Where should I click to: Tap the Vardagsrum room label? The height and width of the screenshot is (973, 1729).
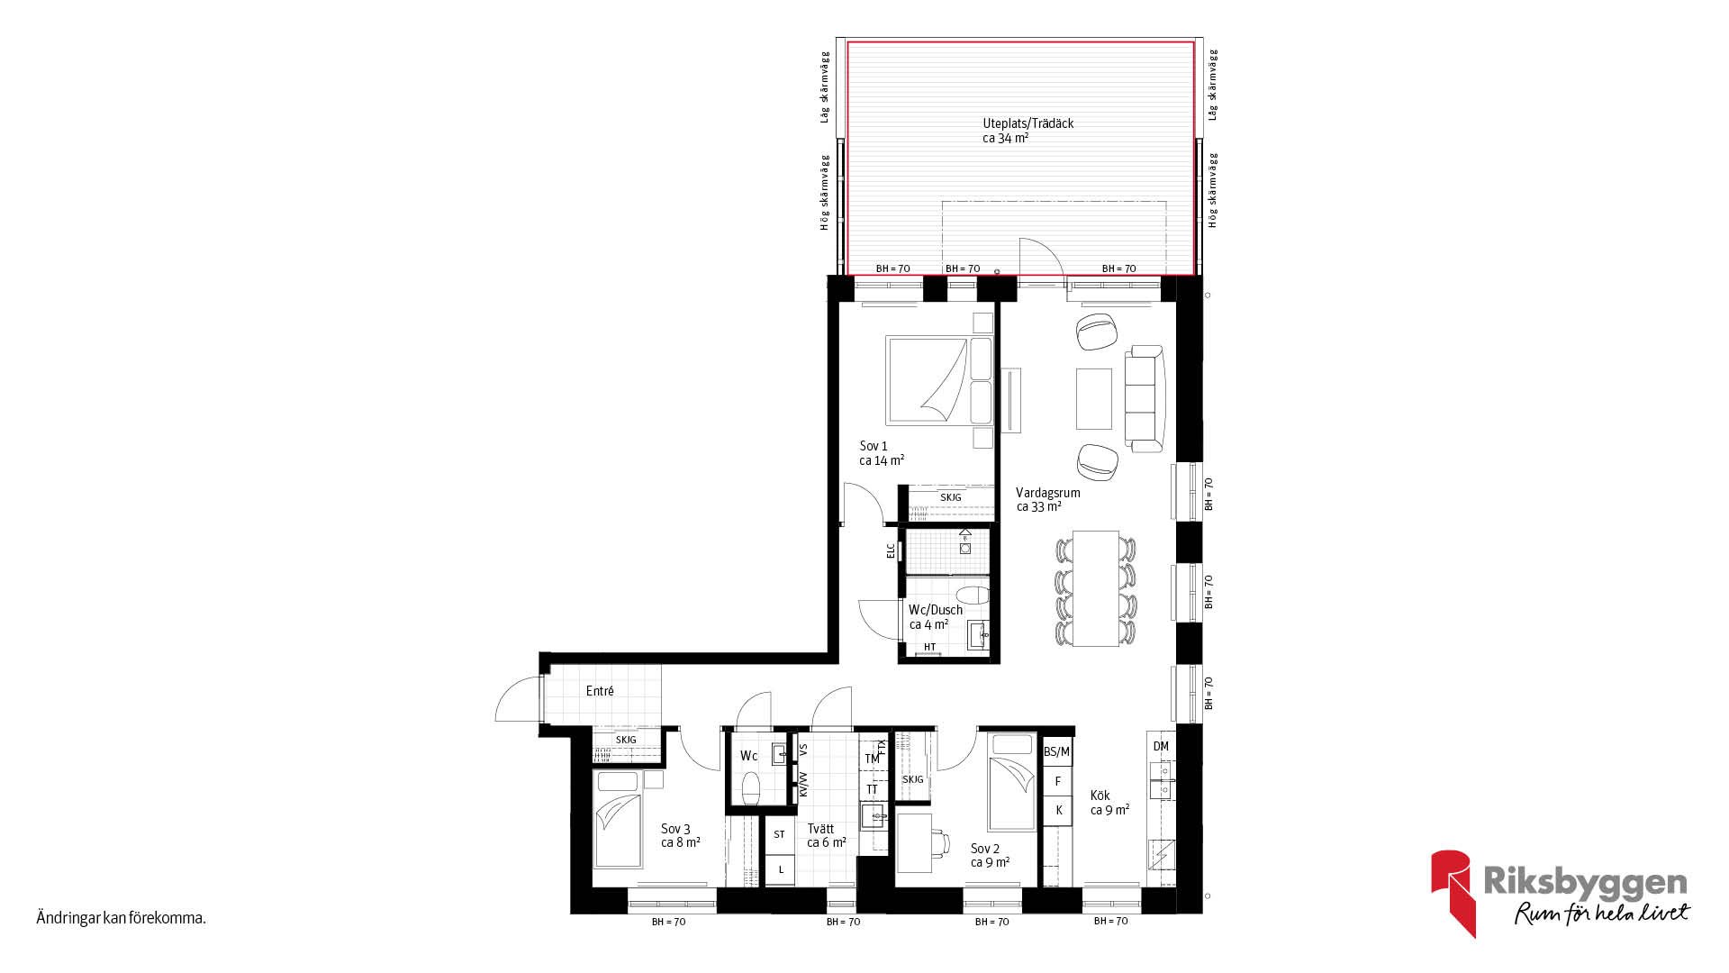pos(1047,493)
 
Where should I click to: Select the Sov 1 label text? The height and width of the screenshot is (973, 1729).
pos(874,446)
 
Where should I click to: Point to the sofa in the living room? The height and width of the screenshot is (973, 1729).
pos(1145,398)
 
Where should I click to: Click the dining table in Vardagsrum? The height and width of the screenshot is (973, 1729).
pos(1096,587)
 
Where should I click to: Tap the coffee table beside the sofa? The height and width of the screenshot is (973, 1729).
pos(1094,398)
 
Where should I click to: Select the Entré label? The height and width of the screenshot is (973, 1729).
pos(600,691)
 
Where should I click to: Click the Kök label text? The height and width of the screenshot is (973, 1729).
pos(1100,796)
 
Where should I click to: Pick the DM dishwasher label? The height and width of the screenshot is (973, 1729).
pos(1161,746)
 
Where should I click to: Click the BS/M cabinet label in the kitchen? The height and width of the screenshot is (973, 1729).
pos(1056,751)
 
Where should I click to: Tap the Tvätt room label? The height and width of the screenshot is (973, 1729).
pos(820,829)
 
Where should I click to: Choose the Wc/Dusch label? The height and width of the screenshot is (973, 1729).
pos(936,610)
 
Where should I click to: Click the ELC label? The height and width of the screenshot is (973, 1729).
pos(891,550)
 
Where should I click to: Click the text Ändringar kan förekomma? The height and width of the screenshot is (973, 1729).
pos(122,919)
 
